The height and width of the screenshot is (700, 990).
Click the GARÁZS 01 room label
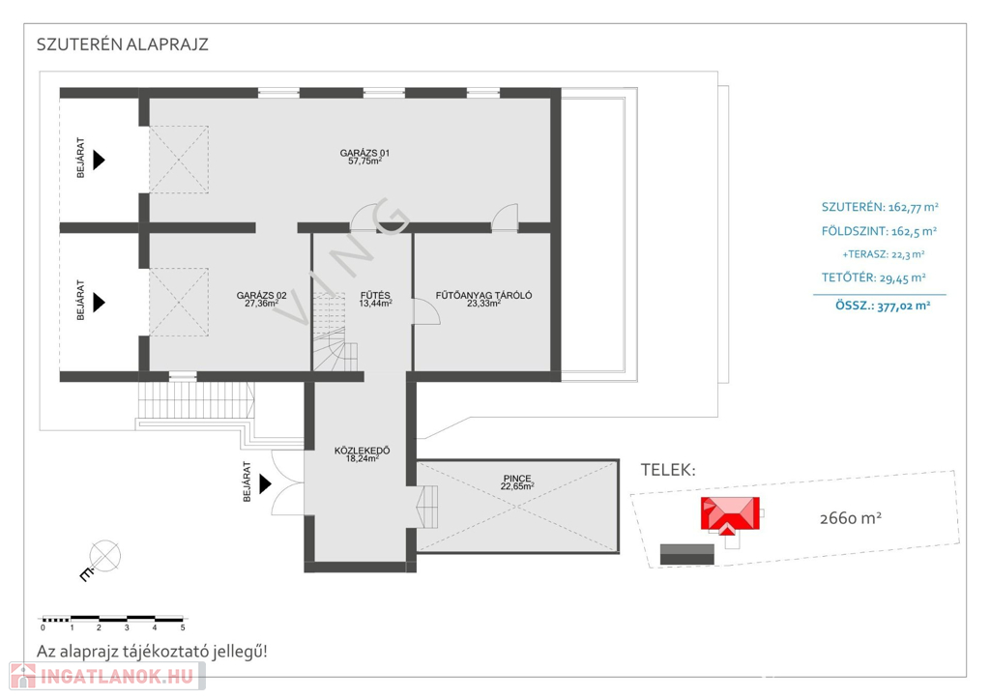[364, 153]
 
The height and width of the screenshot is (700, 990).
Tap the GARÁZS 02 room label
[261, 296]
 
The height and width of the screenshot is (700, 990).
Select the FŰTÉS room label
[375, 296]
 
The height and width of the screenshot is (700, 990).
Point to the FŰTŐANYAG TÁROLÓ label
[483, 296]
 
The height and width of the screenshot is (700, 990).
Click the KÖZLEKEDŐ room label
[362, 451]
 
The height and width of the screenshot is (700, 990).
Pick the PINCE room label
[517, 479]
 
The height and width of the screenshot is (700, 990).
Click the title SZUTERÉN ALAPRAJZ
[123, 44]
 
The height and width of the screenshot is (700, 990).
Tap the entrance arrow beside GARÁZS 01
[99, 160]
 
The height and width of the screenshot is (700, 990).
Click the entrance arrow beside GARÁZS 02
[99, 303]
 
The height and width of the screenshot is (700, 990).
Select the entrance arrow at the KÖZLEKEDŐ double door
[265, 484]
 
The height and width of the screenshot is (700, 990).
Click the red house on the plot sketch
[730, 515]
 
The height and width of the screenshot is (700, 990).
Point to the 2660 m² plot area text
[851, 518]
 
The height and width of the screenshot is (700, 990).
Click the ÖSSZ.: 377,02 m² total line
[883, 306]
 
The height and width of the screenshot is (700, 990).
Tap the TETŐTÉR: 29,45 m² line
[874, 277]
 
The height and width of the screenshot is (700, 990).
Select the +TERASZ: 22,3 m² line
[884, 254]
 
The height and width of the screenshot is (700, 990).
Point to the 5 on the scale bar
[183, 628]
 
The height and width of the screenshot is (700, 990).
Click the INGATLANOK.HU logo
[107, 677]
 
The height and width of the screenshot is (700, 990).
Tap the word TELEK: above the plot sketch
[668, 470]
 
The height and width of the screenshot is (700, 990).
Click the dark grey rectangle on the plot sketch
[687, 554]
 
